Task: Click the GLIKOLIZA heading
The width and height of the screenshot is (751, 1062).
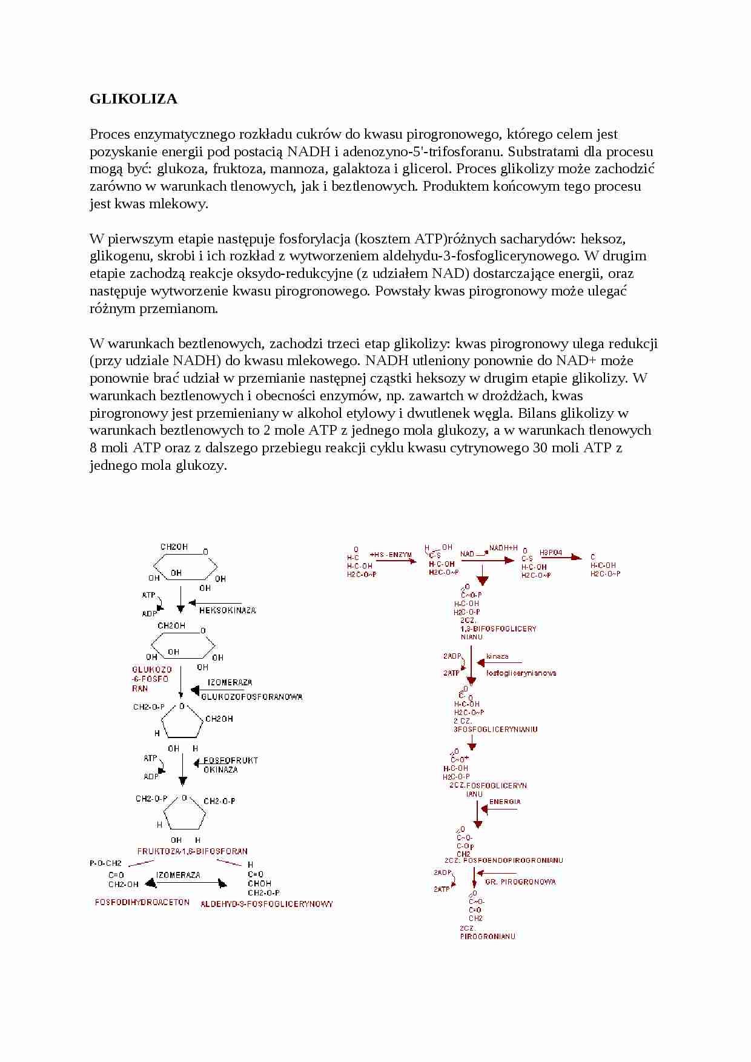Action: (133, 99)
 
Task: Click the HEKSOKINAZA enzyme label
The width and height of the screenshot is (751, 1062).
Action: (227, 610)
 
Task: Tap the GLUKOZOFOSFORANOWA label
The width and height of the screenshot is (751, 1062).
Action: (251, 697)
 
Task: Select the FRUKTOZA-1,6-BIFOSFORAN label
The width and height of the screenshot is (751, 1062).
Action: (192, 851)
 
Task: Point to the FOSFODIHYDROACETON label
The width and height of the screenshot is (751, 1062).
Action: (142, 902)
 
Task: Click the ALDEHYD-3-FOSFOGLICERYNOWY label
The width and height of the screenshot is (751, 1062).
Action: (266, 904)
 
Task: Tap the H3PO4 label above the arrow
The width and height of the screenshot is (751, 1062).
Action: (551, 553)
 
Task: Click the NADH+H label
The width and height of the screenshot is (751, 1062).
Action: (504, 547)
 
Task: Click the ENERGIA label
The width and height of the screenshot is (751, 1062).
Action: (505, 802)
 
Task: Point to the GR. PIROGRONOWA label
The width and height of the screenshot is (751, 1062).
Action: (520, 882)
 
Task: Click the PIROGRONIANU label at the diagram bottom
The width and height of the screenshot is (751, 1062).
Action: (488, 936)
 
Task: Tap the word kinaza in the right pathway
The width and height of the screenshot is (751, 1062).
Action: (497, 656)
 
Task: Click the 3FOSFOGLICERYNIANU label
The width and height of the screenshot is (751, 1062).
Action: (495, 730)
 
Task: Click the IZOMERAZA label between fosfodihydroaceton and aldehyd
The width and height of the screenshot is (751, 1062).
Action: (178, 875)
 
